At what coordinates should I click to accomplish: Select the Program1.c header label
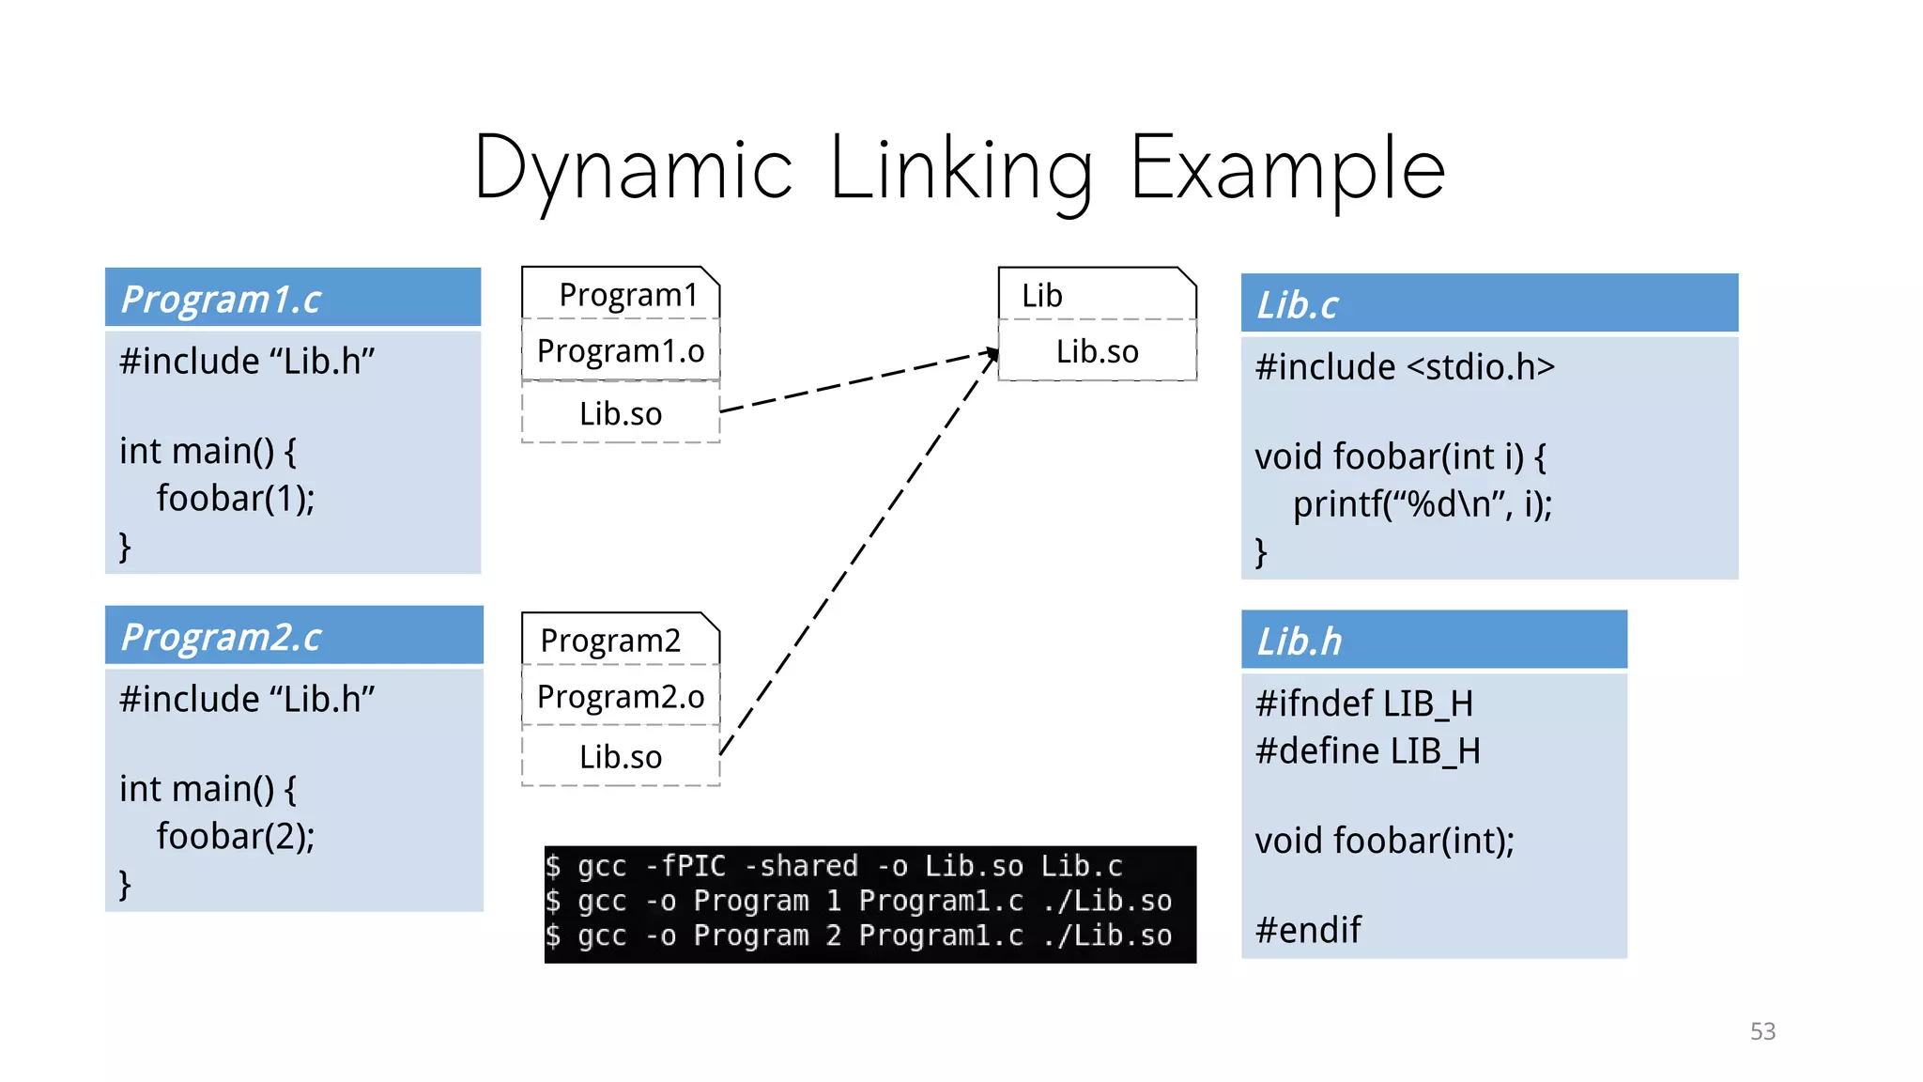[x=222, y=300]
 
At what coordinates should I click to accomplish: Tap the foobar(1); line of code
[x=235, y=499]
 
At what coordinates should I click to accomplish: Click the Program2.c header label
[x=222, y=638]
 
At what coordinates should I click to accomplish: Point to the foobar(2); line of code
[x=235, y=837]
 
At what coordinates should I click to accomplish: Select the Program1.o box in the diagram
[x=621, y=351]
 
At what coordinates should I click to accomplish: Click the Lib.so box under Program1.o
[x=621, y=414]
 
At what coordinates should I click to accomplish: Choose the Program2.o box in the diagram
[x=621, y=697]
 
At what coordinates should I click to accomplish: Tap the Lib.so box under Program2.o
[x=621, y=757]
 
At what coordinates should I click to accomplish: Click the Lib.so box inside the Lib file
[x=1097, y=352]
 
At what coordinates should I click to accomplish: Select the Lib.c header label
[x=1298, y=305]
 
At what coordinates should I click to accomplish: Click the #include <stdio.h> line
[x=1405, y=367]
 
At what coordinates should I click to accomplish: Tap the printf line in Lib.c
[x=1422, y=505]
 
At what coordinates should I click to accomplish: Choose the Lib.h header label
[x=1300, y=642]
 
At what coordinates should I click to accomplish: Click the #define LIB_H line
[x=1367, y=751]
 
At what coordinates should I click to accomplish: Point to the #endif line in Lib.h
[x=1308, y=931]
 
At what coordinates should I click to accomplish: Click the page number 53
[x=1762, y=1031]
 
